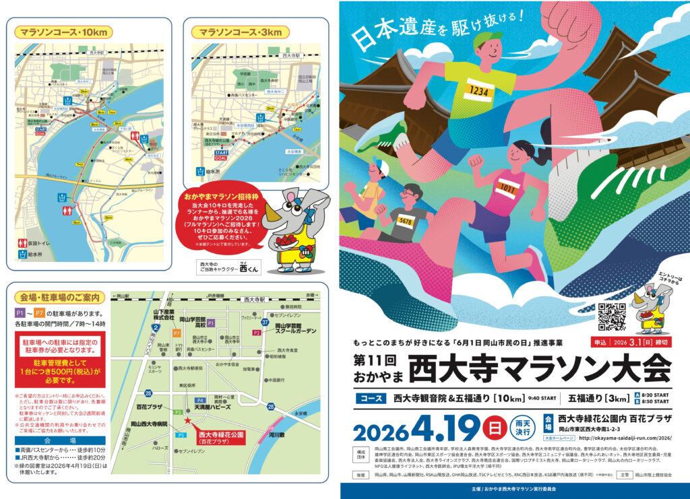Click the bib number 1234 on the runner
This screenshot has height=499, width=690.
click(x=478, y=89)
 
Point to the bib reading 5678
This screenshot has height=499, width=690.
click(x=405, y=220)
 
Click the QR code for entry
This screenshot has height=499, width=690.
click(x=612, y=317)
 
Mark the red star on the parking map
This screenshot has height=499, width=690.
click(x=188, y=421)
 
